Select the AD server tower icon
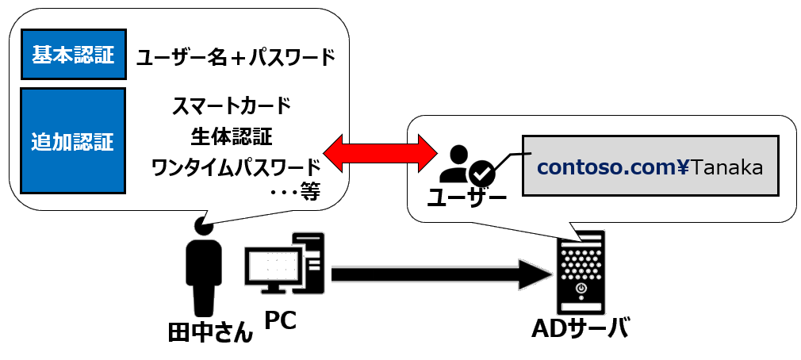pyautogui.click(x=581, y=274)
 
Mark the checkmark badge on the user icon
pyautogui.click(x=481, y=171)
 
